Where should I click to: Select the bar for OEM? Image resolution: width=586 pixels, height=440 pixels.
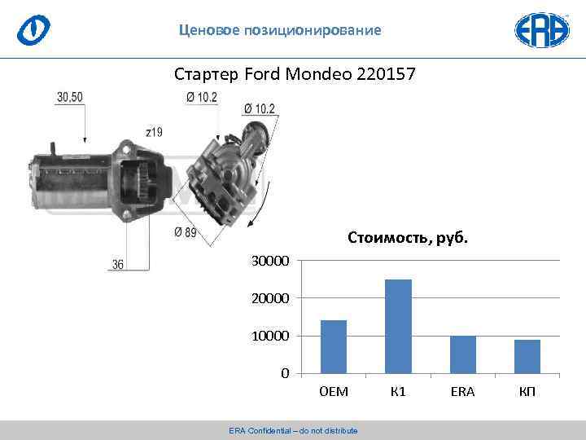[334, 347]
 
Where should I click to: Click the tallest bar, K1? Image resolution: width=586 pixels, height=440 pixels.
[398, 327]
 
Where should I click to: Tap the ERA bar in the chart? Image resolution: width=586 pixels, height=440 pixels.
[462, 354]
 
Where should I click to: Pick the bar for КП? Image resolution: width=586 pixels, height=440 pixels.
[527, 356]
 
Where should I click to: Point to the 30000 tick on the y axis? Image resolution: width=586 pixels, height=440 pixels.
[269, 261]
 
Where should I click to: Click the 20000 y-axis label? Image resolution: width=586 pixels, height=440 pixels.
[269, 299]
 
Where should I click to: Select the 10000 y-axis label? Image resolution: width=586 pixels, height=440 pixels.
[269, 337]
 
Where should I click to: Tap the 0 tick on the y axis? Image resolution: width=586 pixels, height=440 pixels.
[285, 374]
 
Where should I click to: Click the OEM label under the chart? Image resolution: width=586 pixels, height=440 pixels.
[334, 392]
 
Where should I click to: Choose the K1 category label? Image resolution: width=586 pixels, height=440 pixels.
[398, 392]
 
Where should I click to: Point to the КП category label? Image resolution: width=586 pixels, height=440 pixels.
[527, 392]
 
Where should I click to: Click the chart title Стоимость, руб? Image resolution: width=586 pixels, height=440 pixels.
[408, 238]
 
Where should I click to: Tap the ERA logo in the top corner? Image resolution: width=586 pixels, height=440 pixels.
[541, 29]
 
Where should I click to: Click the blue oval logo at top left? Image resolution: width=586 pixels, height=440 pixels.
[34, 29]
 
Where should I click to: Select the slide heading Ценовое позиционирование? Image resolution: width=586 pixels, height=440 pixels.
[280, 31]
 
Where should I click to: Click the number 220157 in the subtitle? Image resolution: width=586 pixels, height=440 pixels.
[385, 75]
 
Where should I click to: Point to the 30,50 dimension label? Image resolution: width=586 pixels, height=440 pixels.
[70, 97]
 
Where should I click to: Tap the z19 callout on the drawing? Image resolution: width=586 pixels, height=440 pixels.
[154, 131]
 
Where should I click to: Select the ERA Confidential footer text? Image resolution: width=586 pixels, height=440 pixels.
[293, 430]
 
